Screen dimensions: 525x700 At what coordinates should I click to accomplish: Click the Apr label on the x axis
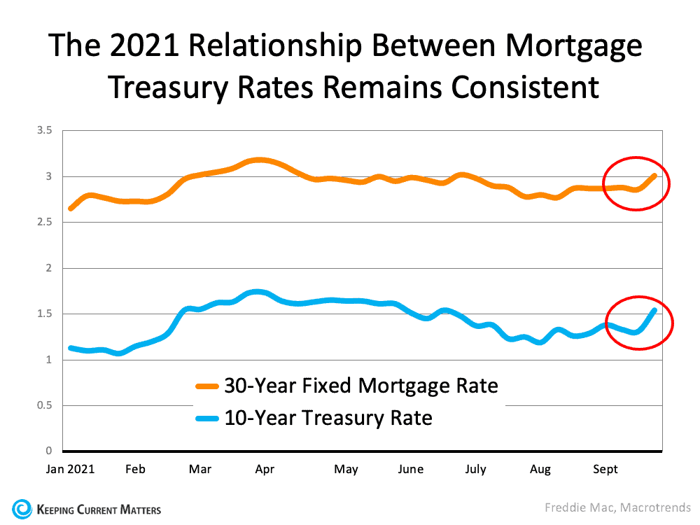(265, 469)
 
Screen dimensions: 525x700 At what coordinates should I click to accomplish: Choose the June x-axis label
(410, 469)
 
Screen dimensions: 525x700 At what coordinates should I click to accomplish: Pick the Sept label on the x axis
(605, 469)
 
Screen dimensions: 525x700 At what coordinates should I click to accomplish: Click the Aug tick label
(540, 469)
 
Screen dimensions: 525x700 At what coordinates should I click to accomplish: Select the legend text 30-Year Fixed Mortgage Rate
(360, 385)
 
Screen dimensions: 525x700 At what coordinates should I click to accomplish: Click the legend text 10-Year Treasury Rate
(328, 419)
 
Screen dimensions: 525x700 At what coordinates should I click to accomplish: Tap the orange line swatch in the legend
(207, 386)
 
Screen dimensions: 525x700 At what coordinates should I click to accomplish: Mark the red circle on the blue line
(638, 321)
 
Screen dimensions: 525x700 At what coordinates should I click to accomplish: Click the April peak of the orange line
(260, 160)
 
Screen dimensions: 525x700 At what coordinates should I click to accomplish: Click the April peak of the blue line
(258, 292)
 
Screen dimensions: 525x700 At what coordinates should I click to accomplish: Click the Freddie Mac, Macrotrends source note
(617, 508)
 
